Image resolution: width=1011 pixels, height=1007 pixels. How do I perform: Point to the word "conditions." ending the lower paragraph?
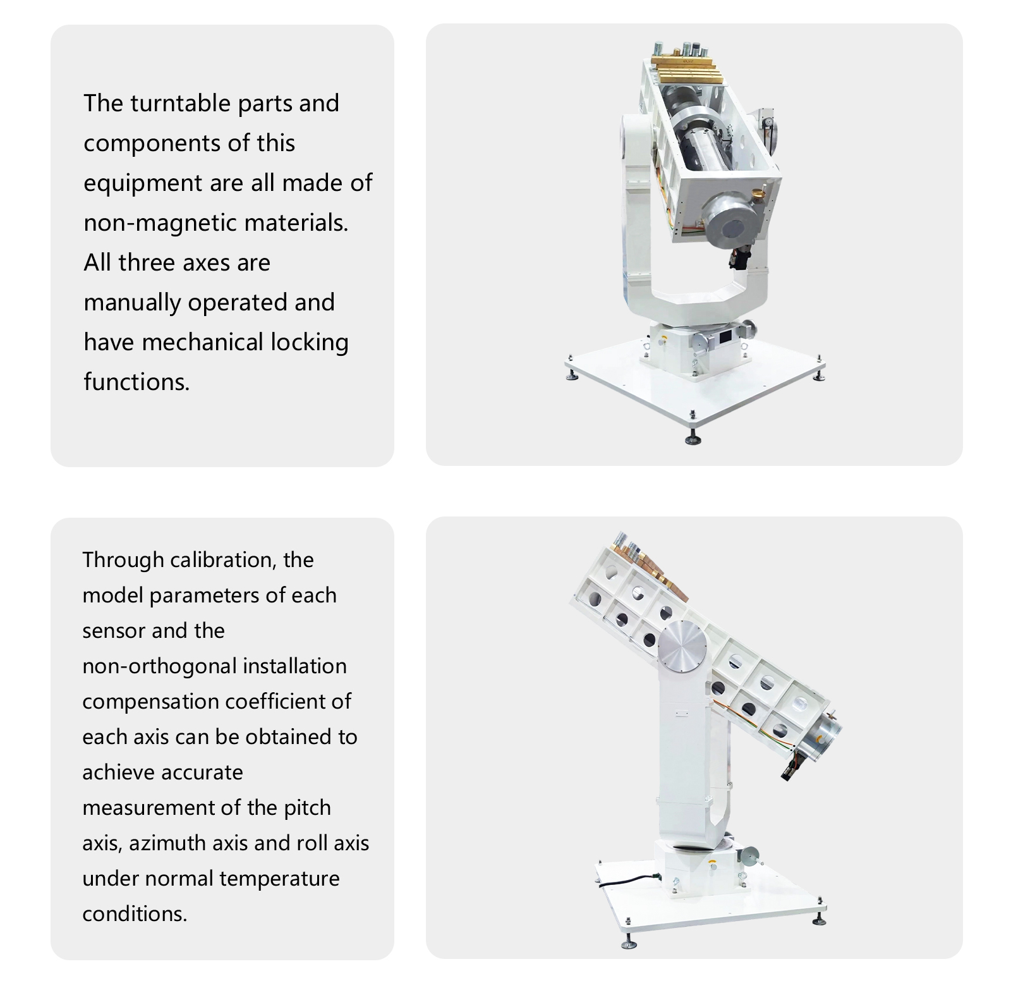pyautogui.click(x=135, y=914)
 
